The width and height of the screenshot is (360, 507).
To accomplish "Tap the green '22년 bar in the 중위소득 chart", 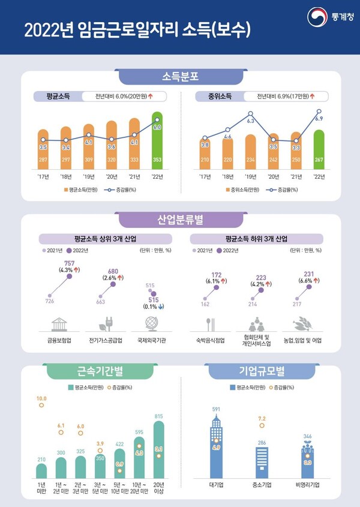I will [x=319, y=150].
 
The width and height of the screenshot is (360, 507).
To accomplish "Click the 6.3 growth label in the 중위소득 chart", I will [x=251, y=121].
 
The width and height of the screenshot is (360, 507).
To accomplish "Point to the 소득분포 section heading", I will [x=180, y=77].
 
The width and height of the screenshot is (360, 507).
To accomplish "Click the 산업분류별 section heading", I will [x=180, y=220].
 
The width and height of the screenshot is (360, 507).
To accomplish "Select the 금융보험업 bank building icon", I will [x=59, y=325].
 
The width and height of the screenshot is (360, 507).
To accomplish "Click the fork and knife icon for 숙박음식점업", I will [x=210, y=325].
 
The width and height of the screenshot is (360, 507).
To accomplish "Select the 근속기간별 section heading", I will [x=92, y=372].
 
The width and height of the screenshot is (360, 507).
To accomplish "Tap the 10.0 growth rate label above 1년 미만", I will [x=41, y=398].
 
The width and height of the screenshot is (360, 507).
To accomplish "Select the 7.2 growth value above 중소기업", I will [x=262, y=418].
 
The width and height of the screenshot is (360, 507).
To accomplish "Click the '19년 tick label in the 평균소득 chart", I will [x=88, y=177].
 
